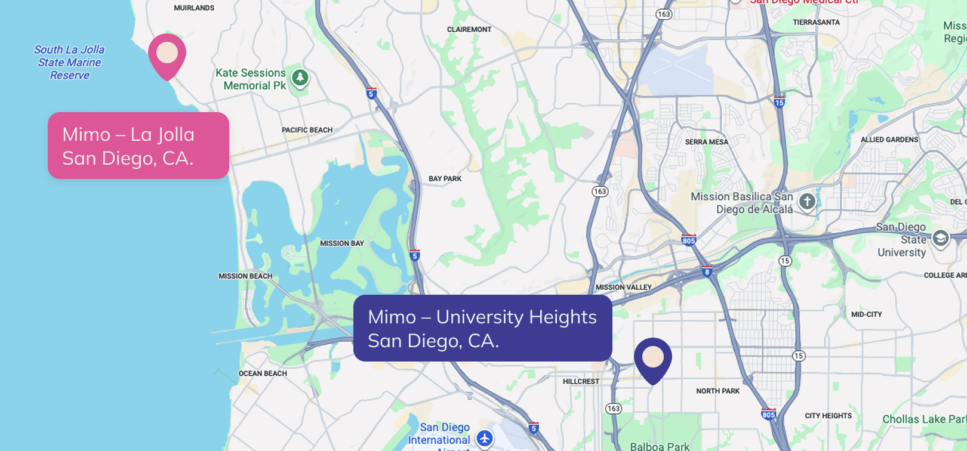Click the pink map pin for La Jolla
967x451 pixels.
tap(167, 54)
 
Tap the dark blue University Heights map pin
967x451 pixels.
tap(653, 359)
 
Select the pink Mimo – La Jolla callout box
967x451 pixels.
tap(138, 146)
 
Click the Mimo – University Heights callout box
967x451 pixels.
tap(482, 328)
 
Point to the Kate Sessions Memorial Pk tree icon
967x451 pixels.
tap(300, 78)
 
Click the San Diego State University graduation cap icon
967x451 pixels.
tap(940, 239)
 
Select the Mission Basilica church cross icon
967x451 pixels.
tap(807, 202)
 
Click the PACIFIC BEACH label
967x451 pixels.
tap(307, 130)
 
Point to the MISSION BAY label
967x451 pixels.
tap(341, 243)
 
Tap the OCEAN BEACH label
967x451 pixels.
tap(263, 373)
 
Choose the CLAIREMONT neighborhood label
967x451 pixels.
tap(469, 29)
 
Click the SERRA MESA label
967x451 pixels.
tap(706, 142)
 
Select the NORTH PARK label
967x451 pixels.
tap(717, 391)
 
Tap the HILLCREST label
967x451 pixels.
tap(581, 381)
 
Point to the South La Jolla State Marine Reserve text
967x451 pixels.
tap(69, 62)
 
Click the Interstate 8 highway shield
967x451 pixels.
tap(707, 271)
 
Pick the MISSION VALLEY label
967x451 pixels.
tap(623, 287)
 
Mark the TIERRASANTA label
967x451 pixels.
tap(816, 22)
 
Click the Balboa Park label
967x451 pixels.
tap(660, 446)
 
